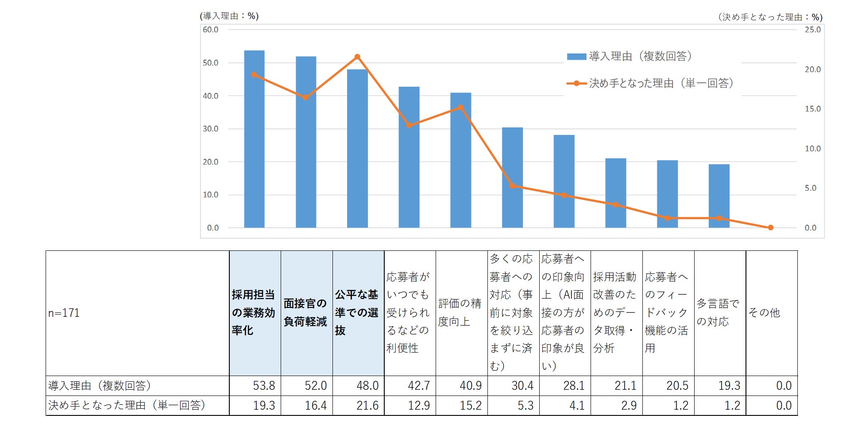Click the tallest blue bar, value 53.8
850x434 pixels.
pyautogui.click(x=254, y=139)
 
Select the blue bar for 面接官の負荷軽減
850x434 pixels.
pyautogui.click(x=306, y=142)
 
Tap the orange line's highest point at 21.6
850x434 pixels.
pyautogui.click(x=357, y=57)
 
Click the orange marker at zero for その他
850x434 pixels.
pyautogui.click(x=770, y=227)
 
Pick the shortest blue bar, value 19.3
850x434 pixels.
pyautogui.click(x=719, y=196)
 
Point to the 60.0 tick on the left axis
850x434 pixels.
pyautogui.click(x=211, y=30)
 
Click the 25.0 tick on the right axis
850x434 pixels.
pyautogui.click(x=812, y=30)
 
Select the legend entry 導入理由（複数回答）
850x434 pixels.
pyautogui.click(x=629, y=56)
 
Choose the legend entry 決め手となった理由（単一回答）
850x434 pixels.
pyautogui.click(x=650, y=83)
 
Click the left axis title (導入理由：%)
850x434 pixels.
pyautogui.click(x=229, y=16)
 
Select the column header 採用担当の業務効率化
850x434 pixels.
pyautogui.click(x=254, y=312)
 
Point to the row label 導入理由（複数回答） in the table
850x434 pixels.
pyautogui.click(x=100, y=386)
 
